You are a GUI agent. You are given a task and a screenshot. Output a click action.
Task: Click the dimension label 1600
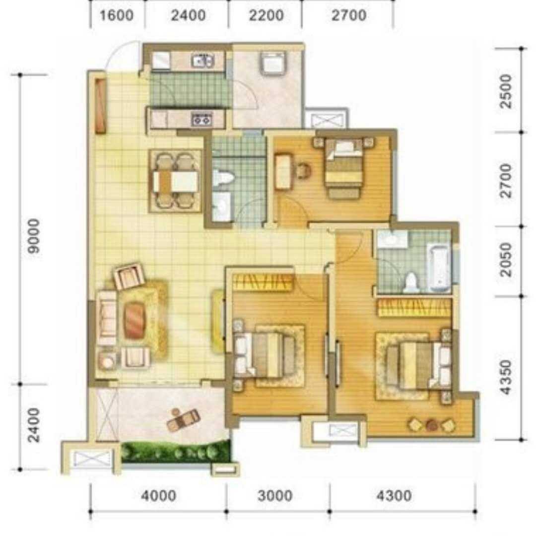[x=116, y=15]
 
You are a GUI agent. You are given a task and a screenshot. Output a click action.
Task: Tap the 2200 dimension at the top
[x=267, y=15]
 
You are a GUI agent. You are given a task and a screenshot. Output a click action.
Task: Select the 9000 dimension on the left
[x=34, y=236]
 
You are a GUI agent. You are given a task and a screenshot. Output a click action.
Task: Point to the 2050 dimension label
[x=506, y=260]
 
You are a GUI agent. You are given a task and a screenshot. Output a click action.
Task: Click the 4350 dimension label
[x=506, y=377]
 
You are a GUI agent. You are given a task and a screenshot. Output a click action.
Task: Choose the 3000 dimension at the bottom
[x=275, y=496]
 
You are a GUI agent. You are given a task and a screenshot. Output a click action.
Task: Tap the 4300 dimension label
[x=394, y=496]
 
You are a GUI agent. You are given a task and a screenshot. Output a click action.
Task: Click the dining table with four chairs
[x=175, y=181]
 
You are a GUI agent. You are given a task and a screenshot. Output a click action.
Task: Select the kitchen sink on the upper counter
[x=203, y=61]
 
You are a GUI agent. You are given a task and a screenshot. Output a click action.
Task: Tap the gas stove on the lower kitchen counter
[x=202, y=120]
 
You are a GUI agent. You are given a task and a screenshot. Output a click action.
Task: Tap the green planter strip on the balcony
[x=175, y=452]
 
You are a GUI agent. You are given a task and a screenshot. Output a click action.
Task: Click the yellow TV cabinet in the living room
[x=218, y=321]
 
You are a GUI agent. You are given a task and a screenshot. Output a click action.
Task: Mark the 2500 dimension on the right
[x=506, y=91]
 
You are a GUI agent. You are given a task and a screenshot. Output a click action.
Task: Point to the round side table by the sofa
[x=107, y=360]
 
